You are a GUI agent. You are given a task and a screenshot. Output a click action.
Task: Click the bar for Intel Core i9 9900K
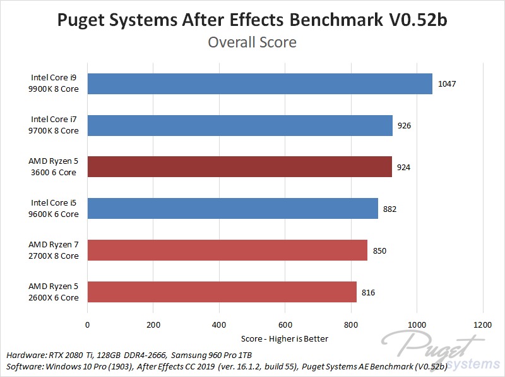[259, 83]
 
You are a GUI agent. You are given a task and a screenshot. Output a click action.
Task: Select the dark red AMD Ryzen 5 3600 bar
[239, 167]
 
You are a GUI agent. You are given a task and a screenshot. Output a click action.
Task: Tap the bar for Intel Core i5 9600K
[232, 209]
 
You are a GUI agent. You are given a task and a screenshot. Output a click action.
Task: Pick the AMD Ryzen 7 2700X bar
[227, 250]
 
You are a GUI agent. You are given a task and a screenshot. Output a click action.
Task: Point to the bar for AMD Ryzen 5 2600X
[222, 292]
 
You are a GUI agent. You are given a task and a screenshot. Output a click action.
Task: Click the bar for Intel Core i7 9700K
[240, 125]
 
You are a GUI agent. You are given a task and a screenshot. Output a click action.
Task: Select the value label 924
[404, 167]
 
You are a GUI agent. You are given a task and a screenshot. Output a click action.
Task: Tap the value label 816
[369, 292]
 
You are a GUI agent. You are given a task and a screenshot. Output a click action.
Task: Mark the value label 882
[390, 209]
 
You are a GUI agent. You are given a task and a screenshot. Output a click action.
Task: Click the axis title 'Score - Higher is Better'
[285, 338]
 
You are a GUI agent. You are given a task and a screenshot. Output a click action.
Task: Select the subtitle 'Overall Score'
[252, 42]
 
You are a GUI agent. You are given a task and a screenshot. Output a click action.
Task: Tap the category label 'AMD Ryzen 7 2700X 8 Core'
[54, 250]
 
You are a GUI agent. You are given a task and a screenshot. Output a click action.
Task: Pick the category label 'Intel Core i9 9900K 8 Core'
[55, 83]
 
